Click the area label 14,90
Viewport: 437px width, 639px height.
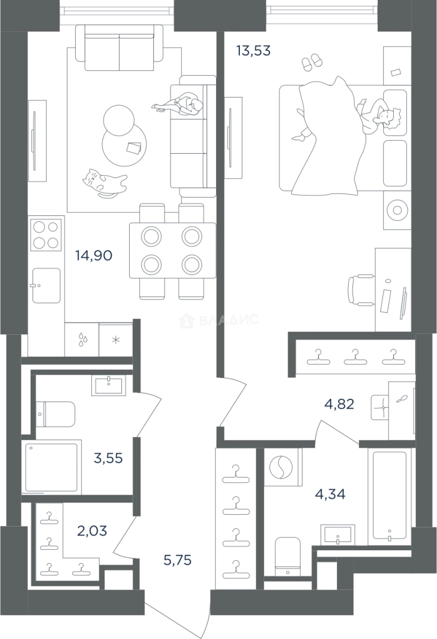click(x=94, y=256)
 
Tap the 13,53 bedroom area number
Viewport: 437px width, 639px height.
click(x=253, y=51)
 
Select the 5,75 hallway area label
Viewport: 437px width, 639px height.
click(x=178, y=560)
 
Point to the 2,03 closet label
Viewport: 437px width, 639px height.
click(x=92, y=531)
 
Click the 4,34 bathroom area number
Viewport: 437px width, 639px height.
click(x=330, y=494)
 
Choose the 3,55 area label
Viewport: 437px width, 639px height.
click(x=108, y=458)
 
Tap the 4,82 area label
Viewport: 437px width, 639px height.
click(x=339, y=404)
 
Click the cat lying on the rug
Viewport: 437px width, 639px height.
click(x=104, y=183)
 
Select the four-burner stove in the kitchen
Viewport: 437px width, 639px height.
click(x=46, y=235)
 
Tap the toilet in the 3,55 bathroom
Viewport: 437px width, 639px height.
click(x=56, y=414)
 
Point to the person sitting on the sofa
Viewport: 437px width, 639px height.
click(x=179, y=105)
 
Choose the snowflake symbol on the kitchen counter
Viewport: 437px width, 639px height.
click(x=116, y=340)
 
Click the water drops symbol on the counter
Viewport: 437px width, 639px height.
click(x=83, y=340)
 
